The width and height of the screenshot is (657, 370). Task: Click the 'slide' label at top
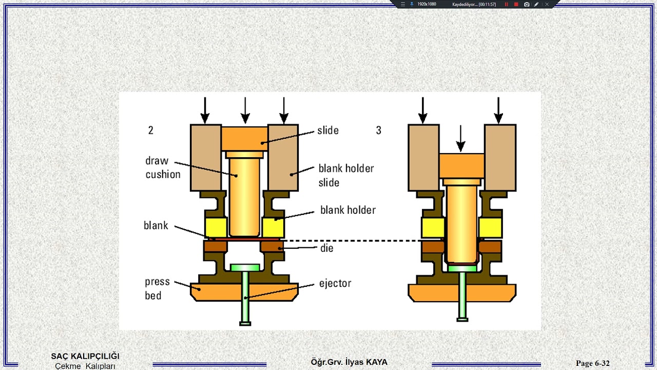328,131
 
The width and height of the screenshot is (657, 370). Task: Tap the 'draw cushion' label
163,168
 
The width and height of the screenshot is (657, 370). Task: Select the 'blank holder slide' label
346,175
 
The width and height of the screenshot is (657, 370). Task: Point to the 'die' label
327,248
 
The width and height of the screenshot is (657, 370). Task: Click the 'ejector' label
335,283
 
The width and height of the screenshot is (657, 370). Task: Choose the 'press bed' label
157,288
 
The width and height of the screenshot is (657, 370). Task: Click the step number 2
151,131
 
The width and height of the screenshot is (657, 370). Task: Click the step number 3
379,131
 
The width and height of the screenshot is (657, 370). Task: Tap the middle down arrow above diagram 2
245,110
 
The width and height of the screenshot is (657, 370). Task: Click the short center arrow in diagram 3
460,138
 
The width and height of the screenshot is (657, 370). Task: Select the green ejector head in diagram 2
245,268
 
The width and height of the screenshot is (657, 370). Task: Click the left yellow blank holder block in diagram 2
216,228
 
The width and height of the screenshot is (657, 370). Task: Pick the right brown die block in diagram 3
490,247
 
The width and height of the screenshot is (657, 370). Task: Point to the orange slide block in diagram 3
461,166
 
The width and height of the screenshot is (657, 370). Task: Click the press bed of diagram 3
462,293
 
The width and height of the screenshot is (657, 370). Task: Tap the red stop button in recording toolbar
516,5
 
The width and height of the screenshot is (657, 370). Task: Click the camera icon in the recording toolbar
527,5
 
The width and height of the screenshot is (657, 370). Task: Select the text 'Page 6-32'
592,363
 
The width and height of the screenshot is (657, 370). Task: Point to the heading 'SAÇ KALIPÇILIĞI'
85,356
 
